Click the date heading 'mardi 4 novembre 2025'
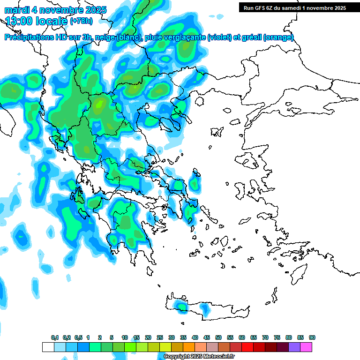pyautogui.click(x=55, y=10)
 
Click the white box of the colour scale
pyautogui.click(x=48, y=347)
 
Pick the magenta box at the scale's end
pyautogui.click(x=306, y=347)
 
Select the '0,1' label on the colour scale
pyautogui.click(x=55, y=338)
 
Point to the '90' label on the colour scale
pyautogui.click(x=312, y=338)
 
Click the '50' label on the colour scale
pyautogui.click(x=218, y=338)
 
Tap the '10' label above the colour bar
pyautogui.click(x=125, y=338)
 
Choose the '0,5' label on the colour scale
pyautogui.click(x=78, y=338)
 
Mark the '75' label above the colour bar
pyautogui.click(x=277, y=338)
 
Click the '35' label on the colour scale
pyautogui.click(x=183, y=338)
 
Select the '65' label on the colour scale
pyautogui.click(x=254, y=338)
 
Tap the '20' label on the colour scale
pyautogui.click(x=148, y=338)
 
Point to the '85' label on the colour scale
pyautogui.click(x=300, y=338)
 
